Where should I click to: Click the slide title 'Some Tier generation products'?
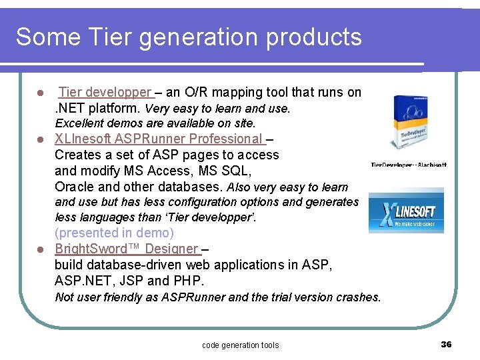coord(189,37)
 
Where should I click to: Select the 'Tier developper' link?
coord(105,93)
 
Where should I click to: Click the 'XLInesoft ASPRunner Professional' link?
coord(159,139)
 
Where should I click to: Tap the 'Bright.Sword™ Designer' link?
coord(127,249)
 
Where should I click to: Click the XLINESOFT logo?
coord(406,213)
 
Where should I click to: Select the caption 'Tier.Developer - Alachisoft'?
coord(409,165)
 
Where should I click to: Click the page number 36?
coord(446,344)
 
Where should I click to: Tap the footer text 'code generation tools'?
coord(240,345)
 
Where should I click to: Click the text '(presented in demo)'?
coord(114,233)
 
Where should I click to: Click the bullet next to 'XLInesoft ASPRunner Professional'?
coord(40,139)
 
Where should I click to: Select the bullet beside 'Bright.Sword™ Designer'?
coord(40,249)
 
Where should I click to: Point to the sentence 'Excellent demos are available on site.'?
coord(155,123)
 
